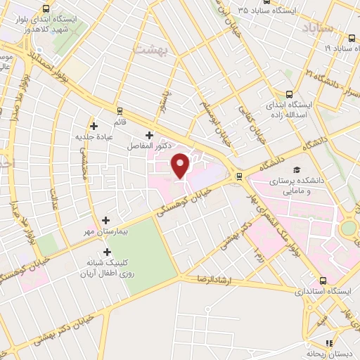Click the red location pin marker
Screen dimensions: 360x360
(x=181, y=165)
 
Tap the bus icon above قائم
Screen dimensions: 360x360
(x=120, y=110)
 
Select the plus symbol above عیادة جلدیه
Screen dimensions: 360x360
(x=94, y=126)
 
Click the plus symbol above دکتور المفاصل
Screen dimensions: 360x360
(x=148, y=135)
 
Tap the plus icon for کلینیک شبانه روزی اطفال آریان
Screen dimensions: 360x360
(x=107, y=252)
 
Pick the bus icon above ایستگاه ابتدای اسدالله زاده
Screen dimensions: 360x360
(x=290, y=95)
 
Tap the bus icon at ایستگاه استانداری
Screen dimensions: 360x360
(x=323, y=280)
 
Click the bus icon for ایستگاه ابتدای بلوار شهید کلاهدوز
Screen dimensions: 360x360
(x=46, y=9)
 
